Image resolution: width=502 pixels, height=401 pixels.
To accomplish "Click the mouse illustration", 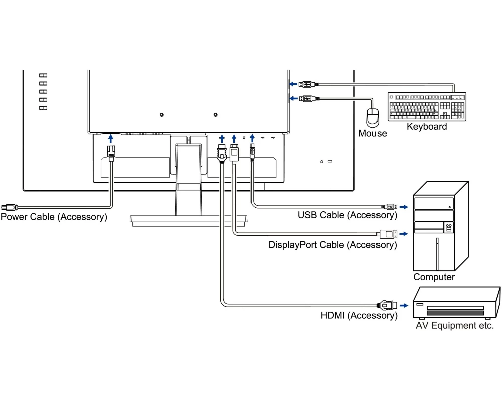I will coord(372,117).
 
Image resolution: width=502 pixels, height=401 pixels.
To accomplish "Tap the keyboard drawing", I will coord(427,106).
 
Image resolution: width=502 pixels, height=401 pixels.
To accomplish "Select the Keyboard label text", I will coord(427,127).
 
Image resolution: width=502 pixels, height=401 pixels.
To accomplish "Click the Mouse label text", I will coord(372,134).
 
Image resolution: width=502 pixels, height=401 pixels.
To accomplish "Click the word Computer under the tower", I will coord(434,277).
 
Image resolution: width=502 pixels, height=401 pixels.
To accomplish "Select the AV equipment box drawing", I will coord(456,303).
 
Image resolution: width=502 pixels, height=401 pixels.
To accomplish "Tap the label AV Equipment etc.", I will coord(455,326).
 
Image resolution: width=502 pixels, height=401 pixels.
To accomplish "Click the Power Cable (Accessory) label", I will coord(54,217).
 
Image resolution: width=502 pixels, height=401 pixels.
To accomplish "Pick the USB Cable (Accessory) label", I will coord(347,215).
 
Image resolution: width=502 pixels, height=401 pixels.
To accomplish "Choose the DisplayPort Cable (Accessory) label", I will coord(332,245).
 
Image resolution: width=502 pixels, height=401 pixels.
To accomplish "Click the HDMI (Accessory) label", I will coord(358,316).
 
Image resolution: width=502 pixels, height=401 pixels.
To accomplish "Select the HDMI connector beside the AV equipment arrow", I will coord(388,305).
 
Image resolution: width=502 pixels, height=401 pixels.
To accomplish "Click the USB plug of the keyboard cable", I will coord(307,84).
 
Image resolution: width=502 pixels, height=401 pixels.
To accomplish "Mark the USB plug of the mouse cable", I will coord(307,98).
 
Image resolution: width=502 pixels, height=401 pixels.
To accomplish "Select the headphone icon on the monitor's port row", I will coord(244,137).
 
